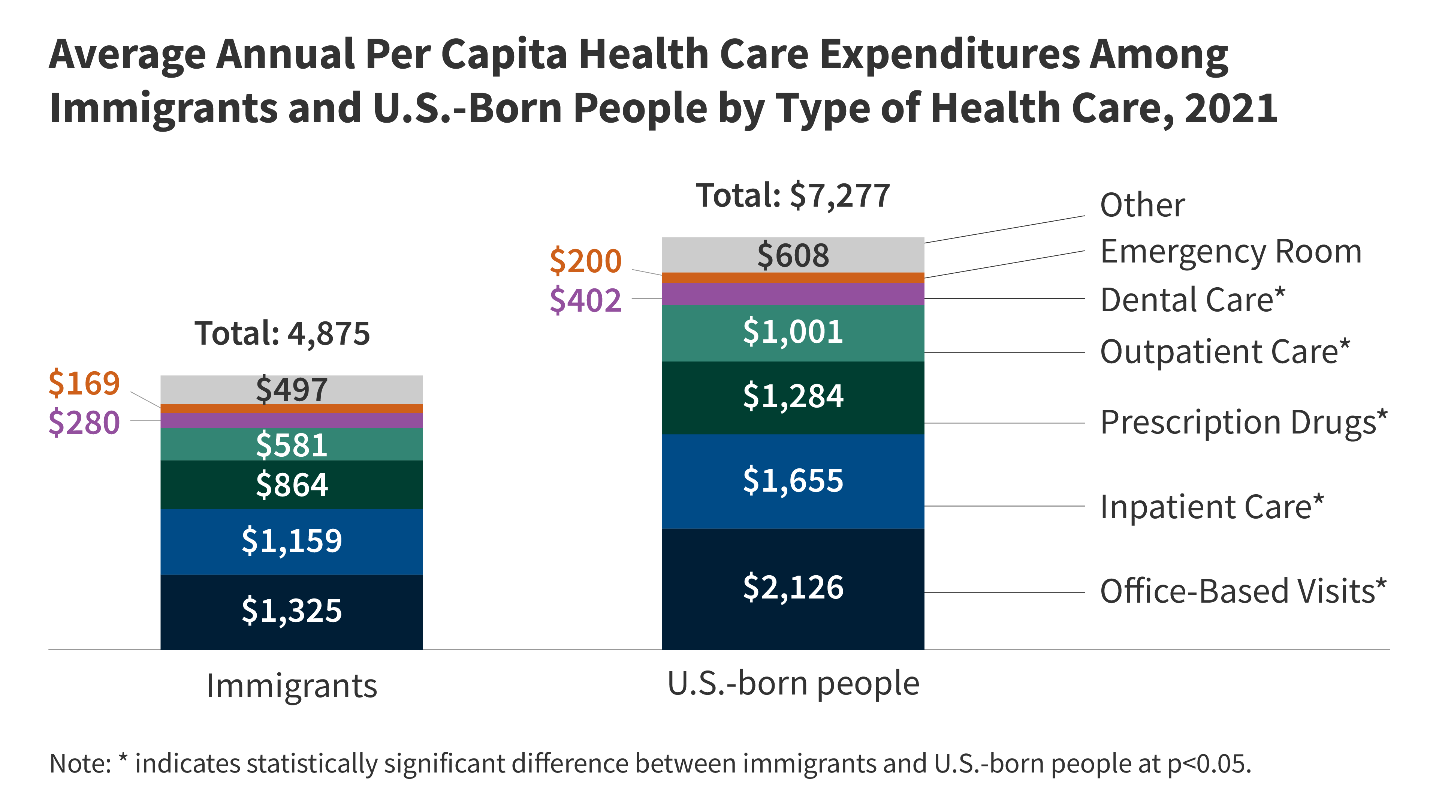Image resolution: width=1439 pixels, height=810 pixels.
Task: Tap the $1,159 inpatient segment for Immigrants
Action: (291, 541)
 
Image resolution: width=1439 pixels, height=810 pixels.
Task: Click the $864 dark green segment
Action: (291, 484)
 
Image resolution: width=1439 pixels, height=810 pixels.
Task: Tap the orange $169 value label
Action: (84, 384)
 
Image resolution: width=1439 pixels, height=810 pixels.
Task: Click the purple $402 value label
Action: (585, 300)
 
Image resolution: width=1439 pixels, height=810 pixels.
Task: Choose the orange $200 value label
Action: (585, 261)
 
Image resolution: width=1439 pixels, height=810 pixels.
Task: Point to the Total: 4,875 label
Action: (282, 334)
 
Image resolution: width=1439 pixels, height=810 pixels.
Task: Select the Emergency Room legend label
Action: (1231, 252)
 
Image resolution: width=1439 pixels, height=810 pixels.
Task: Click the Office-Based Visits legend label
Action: (1243, 591)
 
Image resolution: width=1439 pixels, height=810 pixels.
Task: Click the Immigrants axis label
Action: (292, 686)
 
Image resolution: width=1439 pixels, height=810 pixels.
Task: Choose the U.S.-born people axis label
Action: (793, 684)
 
